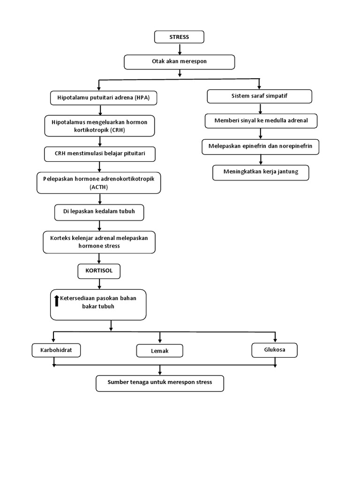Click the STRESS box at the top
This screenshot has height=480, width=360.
180,37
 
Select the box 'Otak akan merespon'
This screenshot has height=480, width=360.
180,61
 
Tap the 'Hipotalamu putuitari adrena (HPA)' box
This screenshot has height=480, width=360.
104,98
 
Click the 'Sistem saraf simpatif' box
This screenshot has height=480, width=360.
259,96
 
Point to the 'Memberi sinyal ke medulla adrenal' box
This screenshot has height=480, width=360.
261,120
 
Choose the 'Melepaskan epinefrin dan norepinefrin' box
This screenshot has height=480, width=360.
261,146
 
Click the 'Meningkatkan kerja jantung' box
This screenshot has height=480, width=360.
261,172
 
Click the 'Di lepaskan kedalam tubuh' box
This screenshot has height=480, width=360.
99,212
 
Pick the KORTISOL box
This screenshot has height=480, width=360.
99,270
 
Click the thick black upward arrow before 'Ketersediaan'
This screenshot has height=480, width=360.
57,300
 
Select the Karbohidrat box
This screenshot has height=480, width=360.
56,350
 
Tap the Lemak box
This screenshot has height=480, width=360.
159,351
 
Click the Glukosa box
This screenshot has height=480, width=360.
274,350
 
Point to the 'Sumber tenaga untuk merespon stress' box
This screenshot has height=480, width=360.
160,382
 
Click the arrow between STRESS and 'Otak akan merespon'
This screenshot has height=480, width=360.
180,49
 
